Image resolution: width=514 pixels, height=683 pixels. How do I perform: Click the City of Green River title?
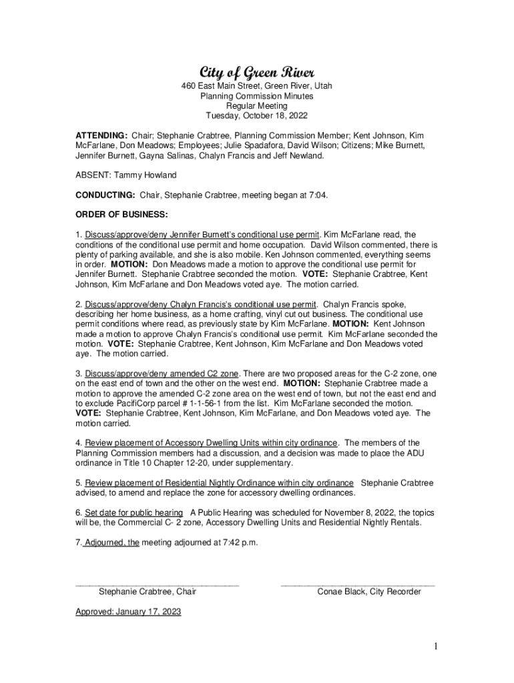point(257,72)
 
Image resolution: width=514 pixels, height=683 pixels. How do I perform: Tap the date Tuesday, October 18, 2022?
point(257,115)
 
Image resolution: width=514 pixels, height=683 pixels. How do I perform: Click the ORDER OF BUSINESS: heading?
point(121,215)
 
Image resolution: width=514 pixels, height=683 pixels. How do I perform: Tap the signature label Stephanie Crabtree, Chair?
point(148,592)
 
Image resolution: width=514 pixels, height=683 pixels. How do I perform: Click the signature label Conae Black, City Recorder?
point(369,592)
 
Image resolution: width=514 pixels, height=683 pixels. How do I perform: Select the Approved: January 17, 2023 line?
point(128,611)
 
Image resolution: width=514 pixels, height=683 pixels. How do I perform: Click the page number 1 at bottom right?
point(434,646)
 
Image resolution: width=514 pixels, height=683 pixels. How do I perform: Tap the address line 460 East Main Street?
point(257,86)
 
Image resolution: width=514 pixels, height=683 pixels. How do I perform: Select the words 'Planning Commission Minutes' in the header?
point(257,96)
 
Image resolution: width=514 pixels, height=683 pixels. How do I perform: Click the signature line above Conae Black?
point(358,584)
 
